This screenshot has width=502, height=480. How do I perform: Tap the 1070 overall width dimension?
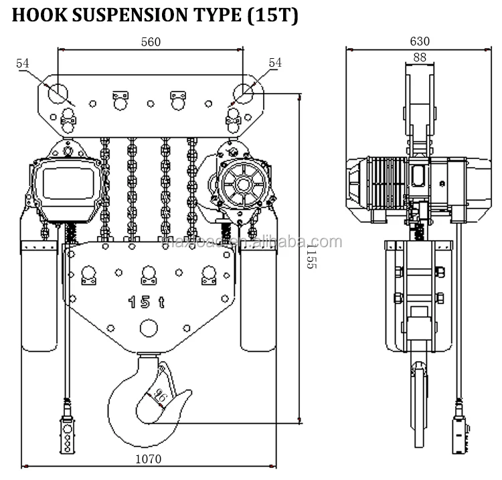[149, 460]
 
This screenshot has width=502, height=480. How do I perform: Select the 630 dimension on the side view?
[420, 41]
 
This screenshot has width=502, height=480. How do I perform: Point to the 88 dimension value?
[420, 58]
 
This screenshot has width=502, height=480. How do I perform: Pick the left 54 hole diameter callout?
[23, 63]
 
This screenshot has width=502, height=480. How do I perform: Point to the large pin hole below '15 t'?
[148, 328]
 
